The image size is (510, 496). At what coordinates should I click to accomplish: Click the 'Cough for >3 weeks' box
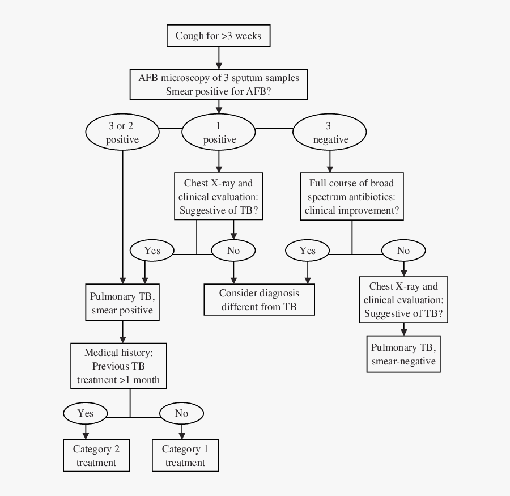[218, 36]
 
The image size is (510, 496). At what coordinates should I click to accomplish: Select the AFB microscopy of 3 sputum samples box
[219, 84]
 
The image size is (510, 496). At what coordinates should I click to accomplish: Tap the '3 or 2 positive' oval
[122, 133]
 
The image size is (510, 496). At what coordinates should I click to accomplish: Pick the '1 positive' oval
[219, 133]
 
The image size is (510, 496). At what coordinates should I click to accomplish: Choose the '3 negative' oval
[329, 133]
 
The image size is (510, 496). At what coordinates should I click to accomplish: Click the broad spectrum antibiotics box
[351, 197]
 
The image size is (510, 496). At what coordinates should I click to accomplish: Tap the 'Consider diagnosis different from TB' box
[259, 300]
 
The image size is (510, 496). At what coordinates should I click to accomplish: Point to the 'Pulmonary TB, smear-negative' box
[403, 354]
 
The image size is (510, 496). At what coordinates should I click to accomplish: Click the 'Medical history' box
[118, 366]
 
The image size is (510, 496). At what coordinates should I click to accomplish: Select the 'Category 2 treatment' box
[96, 456]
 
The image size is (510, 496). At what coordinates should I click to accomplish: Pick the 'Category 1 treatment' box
[185, 456]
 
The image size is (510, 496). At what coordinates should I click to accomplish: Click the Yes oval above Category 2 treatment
[86, 413]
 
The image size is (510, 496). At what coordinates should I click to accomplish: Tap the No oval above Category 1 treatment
[181, 413]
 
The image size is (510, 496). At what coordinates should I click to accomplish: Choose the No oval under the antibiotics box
[403, 250]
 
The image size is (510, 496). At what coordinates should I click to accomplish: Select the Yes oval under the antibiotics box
[307, 250]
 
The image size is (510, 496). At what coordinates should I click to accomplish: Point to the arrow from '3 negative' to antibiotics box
[329, 161]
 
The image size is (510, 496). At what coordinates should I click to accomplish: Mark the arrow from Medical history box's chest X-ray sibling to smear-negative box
[403, 329]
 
